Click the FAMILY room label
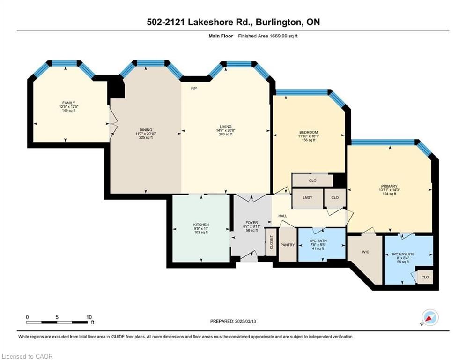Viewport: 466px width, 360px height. (x=69, y=103)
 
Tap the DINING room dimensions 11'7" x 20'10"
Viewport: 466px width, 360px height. (x=146, y=134)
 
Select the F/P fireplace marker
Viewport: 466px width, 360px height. (x=194, y=88)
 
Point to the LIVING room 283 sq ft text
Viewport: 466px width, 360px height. (x=226, y=134)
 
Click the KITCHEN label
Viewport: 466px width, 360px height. (x=201, y=225)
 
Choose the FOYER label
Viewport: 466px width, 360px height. (x=251, y=223)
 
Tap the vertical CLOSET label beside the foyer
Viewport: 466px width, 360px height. (x=271, y=242)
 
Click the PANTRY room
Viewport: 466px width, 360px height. (x=288, y=245)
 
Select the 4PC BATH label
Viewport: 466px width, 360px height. (x=318, y=241)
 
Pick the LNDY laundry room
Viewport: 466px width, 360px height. (x=308, y=198)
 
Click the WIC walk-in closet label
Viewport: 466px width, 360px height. (x=366, y=252)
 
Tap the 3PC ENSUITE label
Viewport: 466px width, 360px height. (x=403, y=254)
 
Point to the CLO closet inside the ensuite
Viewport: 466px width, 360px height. (x=425, y=277)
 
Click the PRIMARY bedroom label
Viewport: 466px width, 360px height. (x=389, y=186)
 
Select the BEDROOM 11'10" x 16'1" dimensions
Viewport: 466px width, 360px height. (x=309, y=136)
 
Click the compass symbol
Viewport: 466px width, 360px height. (x=430, y=317)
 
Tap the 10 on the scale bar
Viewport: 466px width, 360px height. (x=89, y=317)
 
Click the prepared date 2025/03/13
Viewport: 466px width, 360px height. (x=245, y=321)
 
